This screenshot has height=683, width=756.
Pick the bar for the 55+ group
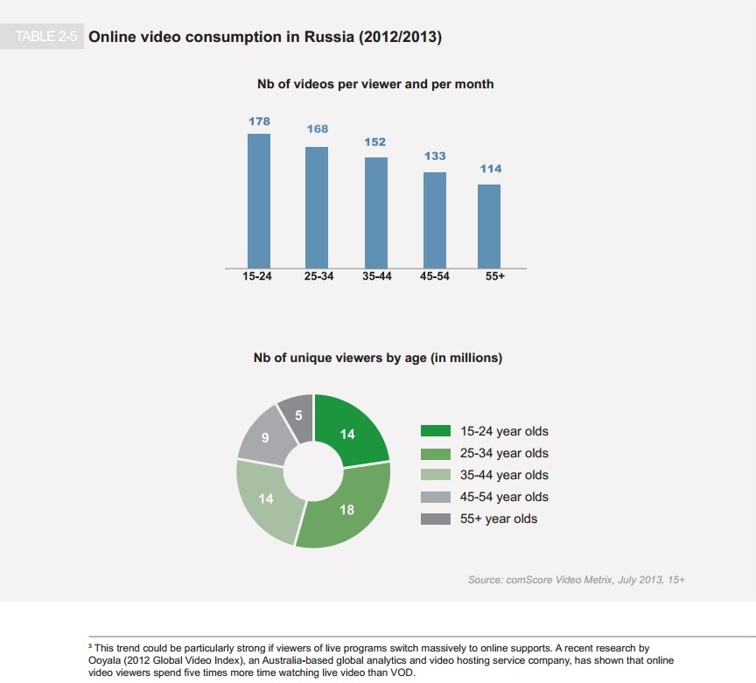(489, 225)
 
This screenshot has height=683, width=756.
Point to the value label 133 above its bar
(435, 156)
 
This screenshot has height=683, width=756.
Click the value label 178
(259, 122)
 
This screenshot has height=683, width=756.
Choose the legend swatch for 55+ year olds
(435, 519)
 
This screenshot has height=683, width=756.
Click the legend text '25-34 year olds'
(504, 453)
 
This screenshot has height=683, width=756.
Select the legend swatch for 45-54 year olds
(435, 497)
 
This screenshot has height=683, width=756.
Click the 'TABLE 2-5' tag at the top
(47, 38)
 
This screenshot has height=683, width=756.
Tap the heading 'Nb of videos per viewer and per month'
(374, 84)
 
